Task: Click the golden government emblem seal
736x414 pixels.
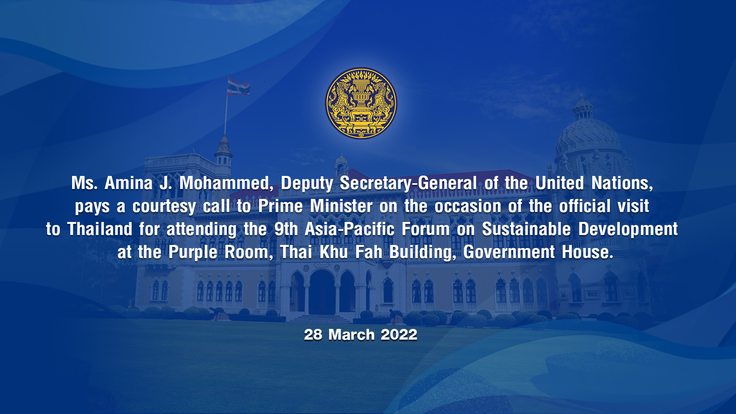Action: pyautogui.click(x=361, y=103)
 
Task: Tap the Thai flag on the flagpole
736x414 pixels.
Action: pyautogui.click(x=238, y=86)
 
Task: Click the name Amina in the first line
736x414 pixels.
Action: pyautogui.click(x=129, y=183)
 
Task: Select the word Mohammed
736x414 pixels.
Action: pyautogui.click(x=226, y=184)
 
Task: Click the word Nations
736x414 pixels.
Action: pyautogui.click(x=622, y=184)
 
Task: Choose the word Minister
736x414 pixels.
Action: pyautogui.click(x=341, y=206)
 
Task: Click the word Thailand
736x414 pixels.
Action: pyautogui.click(x=100, y=229)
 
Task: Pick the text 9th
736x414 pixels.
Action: pyautogui.click(x=286, y=229)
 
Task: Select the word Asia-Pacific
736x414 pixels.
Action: pyautogui.click(x=350, y=229)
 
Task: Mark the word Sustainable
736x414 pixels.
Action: pyautogui.click(x=526, y=229)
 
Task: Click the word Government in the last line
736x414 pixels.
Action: pyautogui.click(x=509, y=252)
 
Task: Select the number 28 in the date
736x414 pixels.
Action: pyautogui.click(x=313, y=335)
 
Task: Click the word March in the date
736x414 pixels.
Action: pyautogui.click(x=352, y=335)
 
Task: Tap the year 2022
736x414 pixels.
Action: pyautogui.click(x=399, y=335)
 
